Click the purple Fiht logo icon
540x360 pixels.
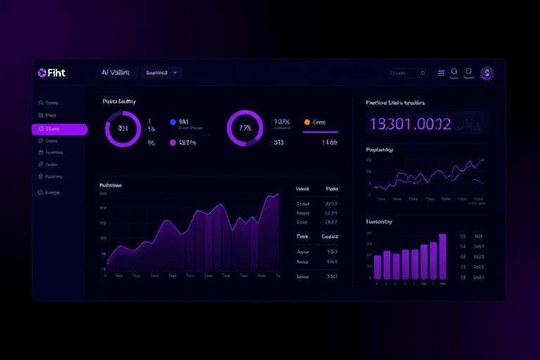(x=41, y=72)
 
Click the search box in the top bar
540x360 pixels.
(x=407, y=72)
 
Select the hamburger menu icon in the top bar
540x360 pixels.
(x=441, y=72)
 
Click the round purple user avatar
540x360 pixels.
(x=487, y=72)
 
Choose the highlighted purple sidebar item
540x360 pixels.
(x=59, y=129)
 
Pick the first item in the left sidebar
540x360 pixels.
(x=51, y=103)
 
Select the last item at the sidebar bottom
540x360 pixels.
(x=51, y=192)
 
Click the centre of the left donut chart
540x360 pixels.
(x=123, y=129)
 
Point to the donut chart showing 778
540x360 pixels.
(x=245, y=129)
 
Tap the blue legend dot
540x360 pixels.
(x=173, y=122)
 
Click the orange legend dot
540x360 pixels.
(x=307, y=122)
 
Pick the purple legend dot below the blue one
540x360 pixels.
(x=173, y=143)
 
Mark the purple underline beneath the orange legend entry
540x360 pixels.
(x=321, y=131)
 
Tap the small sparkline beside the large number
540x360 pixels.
(x=469, y=125)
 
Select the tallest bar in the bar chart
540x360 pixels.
(x=442, y=256)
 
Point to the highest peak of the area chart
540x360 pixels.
(x=276, y=194)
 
